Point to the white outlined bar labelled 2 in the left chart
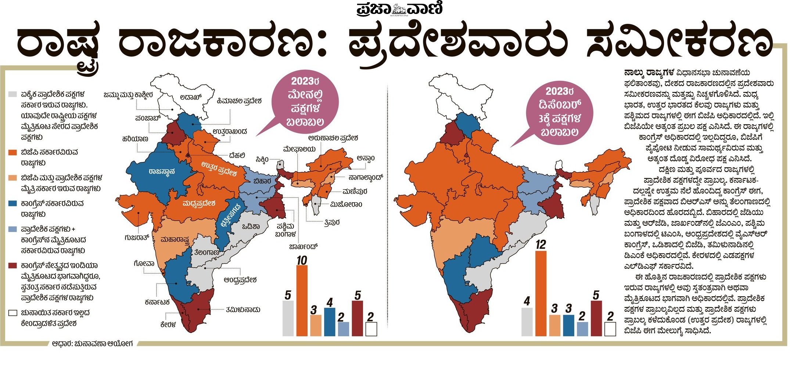click(x=371, y=329)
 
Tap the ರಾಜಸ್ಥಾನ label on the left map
click(x=162, y=171)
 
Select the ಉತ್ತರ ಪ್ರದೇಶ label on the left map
click(x=219, y=169)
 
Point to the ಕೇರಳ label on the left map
click(x=168, y=325)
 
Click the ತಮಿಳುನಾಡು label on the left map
click(x=243, y=310)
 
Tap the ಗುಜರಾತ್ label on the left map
click(x=137, y=238)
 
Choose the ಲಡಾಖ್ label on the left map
click(x=191, y=97)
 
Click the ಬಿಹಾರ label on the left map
click(x=262, y=181)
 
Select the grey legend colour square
click(x=13, y=94)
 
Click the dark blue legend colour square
click(x=13, y=203)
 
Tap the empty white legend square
click(x=13, y=313)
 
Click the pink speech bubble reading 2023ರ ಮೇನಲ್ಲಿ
click(x=305, y=102)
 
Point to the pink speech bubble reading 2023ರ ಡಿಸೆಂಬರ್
click(x=559, y=112)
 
